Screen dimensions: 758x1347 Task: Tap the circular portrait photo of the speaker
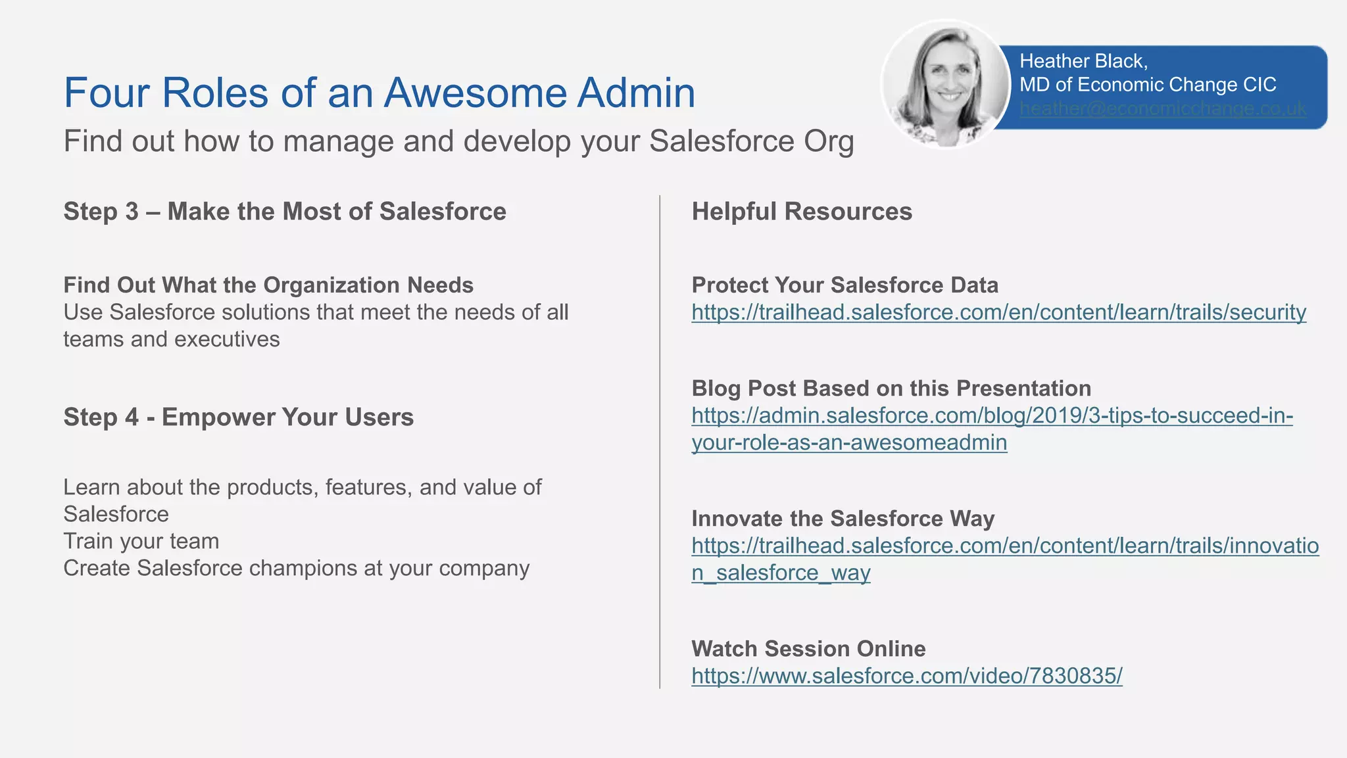(946, 84)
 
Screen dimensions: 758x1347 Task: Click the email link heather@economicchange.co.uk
(1162, 108)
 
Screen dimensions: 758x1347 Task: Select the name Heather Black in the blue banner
(1083, 61)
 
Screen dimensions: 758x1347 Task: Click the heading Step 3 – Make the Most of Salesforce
(284, 212)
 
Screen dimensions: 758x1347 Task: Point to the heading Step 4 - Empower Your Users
(238, 417)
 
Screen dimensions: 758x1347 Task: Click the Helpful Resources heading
(801, 212)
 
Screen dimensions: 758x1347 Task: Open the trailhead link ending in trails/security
(998, 312)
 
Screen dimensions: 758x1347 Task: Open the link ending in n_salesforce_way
(781, 573)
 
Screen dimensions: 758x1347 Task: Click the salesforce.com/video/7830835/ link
(906, 676)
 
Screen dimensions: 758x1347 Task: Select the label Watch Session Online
(808, 649)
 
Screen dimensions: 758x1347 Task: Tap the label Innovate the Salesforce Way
(843, 519)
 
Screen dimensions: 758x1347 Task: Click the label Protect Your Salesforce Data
(845, 285)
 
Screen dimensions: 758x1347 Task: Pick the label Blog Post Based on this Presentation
(891, 389)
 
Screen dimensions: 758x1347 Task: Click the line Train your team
(141, 541)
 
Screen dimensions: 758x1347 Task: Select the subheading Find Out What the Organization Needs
(268, 285)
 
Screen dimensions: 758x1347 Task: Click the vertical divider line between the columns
(660, 440)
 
